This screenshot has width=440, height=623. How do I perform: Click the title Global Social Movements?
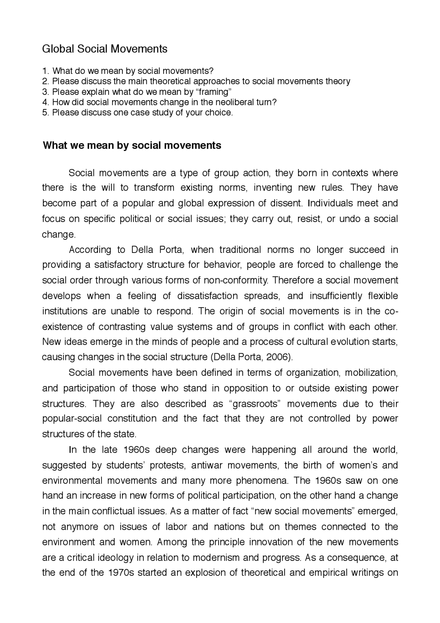[104, 49]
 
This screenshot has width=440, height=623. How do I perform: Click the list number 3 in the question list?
[44, 92]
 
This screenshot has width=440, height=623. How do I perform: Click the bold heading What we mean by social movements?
[132, 145]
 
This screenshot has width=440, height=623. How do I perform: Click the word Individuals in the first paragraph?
[330, 203]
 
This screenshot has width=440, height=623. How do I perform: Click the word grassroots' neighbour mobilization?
[371, 373]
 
